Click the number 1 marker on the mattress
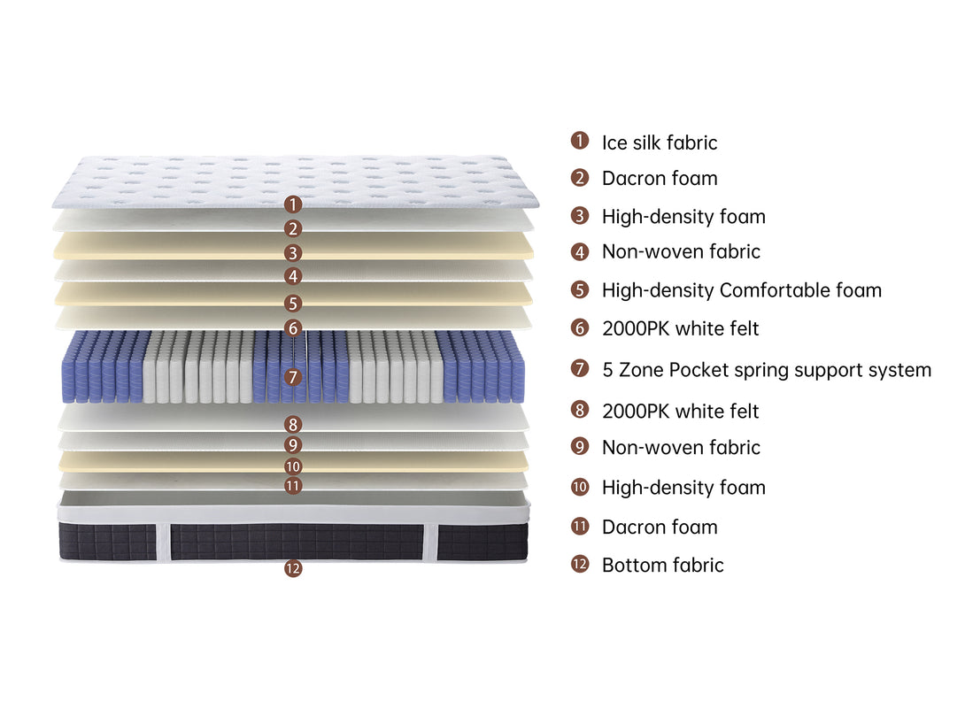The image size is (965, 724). click(293, 204)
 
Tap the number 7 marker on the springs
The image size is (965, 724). click(293, 376)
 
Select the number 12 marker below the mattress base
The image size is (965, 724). click(293, 568)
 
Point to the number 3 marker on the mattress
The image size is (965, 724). click(293, 253)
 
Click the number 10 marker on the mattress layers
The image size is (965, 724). click(293, 466)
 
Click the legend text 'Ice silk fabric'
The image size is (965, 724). click(660, 142)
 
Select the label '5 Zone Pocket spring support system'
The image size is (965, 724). click(766, 370)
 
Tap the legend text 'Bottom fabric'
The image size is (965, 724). click(662, 566)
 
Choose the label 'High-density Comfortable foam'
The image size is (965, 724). click(742, 290)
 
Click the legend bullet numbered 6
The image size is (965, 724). click(580, 327)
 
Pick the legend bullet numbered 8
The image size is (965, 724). click(580, 410)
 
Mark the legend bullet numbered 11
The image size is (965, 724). click(580, 527)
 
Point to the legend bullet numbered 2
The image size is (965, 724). click(580, 178)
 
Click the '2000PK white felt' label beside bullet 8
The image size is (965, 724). click(680, 411)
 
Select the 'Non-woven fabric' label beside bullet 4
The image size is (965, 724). click(681, 251)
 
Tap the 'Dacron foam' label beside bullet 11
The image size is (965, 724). click(660, 528)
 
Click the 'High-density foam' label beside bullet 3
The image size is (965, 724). click(683, 217)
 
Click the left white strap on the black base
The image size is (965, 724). click(163, 542)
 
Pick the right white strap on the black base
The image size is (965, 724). click(430, 542)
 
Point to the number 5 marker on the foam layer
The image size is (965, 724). click(293, 304)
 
